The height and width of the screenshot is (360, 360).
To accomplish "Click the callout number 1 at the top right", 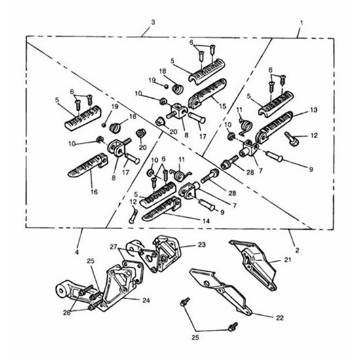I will tap(301, 23).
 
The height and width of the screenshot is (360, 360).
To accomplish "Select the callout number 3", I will tap(152, 23).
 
